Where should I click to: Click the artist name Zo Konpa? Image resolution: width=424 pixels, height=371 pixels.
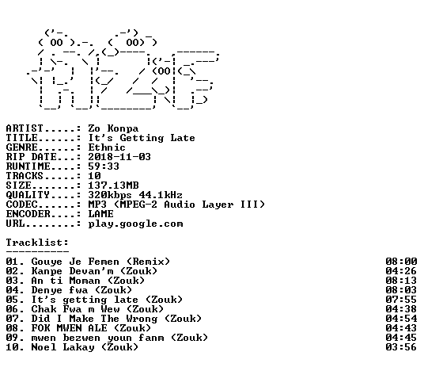pyautogui.click(x=113, y=128)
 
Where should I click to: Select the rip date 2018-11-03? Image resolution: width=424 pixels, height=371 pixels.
pyautogui.click(x=119, y=157)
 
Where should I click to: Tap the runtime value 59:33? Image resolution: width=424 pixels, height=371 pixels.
pyautogui.click(x=104, y=166)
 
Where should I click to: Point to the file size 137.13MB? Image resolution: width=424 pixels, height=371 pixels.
pyautogui.click(x=113, y=185)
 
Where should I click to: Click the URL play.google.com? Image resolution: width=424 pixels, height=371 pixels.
pyautogui.click(x=135, y=224)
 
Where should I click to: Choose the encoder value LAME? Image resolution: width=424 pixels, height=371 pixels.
pyautogui.click(x=100, y=214)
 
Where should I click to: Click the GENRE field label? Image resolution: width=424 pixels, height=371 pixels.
pyautogui.click(x=22, y=147)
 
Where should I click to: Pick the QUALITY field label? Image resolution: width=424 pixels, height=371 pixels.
pyautogui.click(x=28, y=195)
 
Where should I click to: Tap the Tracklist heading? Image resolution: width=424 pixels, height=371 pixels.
pyautogui.click(x=37, y=243)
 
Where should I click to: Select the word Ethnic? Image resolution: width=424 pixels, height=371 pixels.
pyautogui.click(x=107, y=147)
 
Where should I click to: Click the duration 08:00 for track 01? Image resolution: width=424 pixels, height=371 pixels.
pyautogui.click(x=401, y=262)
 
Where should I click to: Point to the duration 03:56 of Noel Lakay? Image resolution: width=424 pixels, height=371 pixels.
pyautogui.click(x=401, y=347)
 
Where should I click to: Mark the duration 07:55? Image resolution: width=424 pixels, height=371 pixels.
pyautogui.click(x=401, y=300)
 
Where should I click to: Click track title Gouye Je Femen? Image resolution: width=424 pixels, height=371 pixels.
pyautogui.click(x=75, y=262)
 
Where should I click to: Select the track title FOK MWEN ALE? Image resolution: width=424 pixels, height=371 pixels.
pyautogui.click(x=70, y=328)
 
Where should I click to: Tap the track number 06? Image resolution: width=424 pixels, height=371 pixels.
pyautogui.click(x=13, y=309)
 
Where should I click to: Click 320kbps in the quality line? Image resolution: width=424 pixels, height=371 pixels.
pyautogui.click(x=110, y=195)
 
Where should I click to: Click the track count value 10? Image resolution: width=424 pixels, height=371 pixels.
pyautogui.click(x=94, y=176)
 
